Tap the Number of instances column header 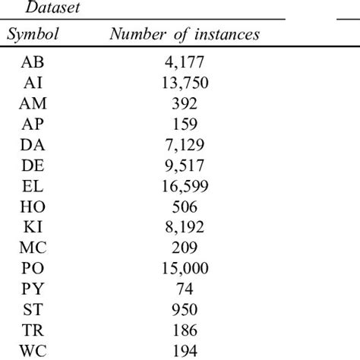[x=185, y=35]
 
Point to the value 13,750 [x=184, y=84]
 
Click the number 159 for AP [x=184, y=125]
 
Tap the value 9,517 [x=184, y=166]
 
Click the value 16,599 [x=184, y=186]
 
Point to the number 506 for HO [x=184, y=207]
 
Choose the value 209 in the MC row [x=184, y=248]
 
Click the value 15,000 [x=184, y=268]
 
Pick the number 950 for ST [x=184, y=309]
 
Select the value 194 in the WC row [x=184, y=350]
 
